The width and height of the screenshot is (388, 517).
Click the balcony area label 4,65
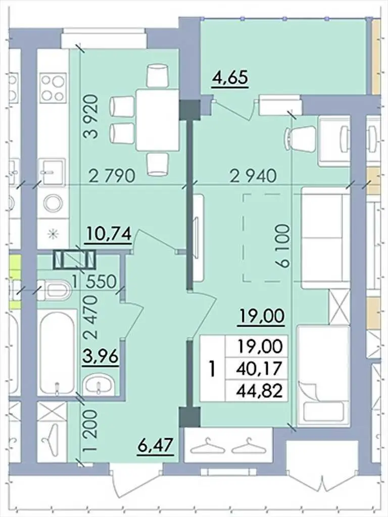(230, 78)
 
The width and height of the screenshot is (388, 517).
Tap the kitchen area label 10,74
(108, 234)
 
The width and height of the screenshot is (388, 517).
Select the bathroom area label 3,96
(101, 357)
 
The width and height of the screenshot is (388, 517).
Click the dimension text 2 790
(112, 176)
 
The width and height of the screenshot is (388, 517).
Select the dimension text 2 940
(253, 176)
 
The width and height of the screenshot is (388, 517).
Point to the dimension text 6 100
(283, 246)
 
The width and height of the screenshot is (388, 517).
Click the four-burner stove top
(52, 87)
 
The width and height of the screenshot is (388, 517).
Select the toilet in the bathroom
(55, 290)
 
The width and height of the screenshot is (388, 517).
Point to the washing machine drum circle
(53, 203)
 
